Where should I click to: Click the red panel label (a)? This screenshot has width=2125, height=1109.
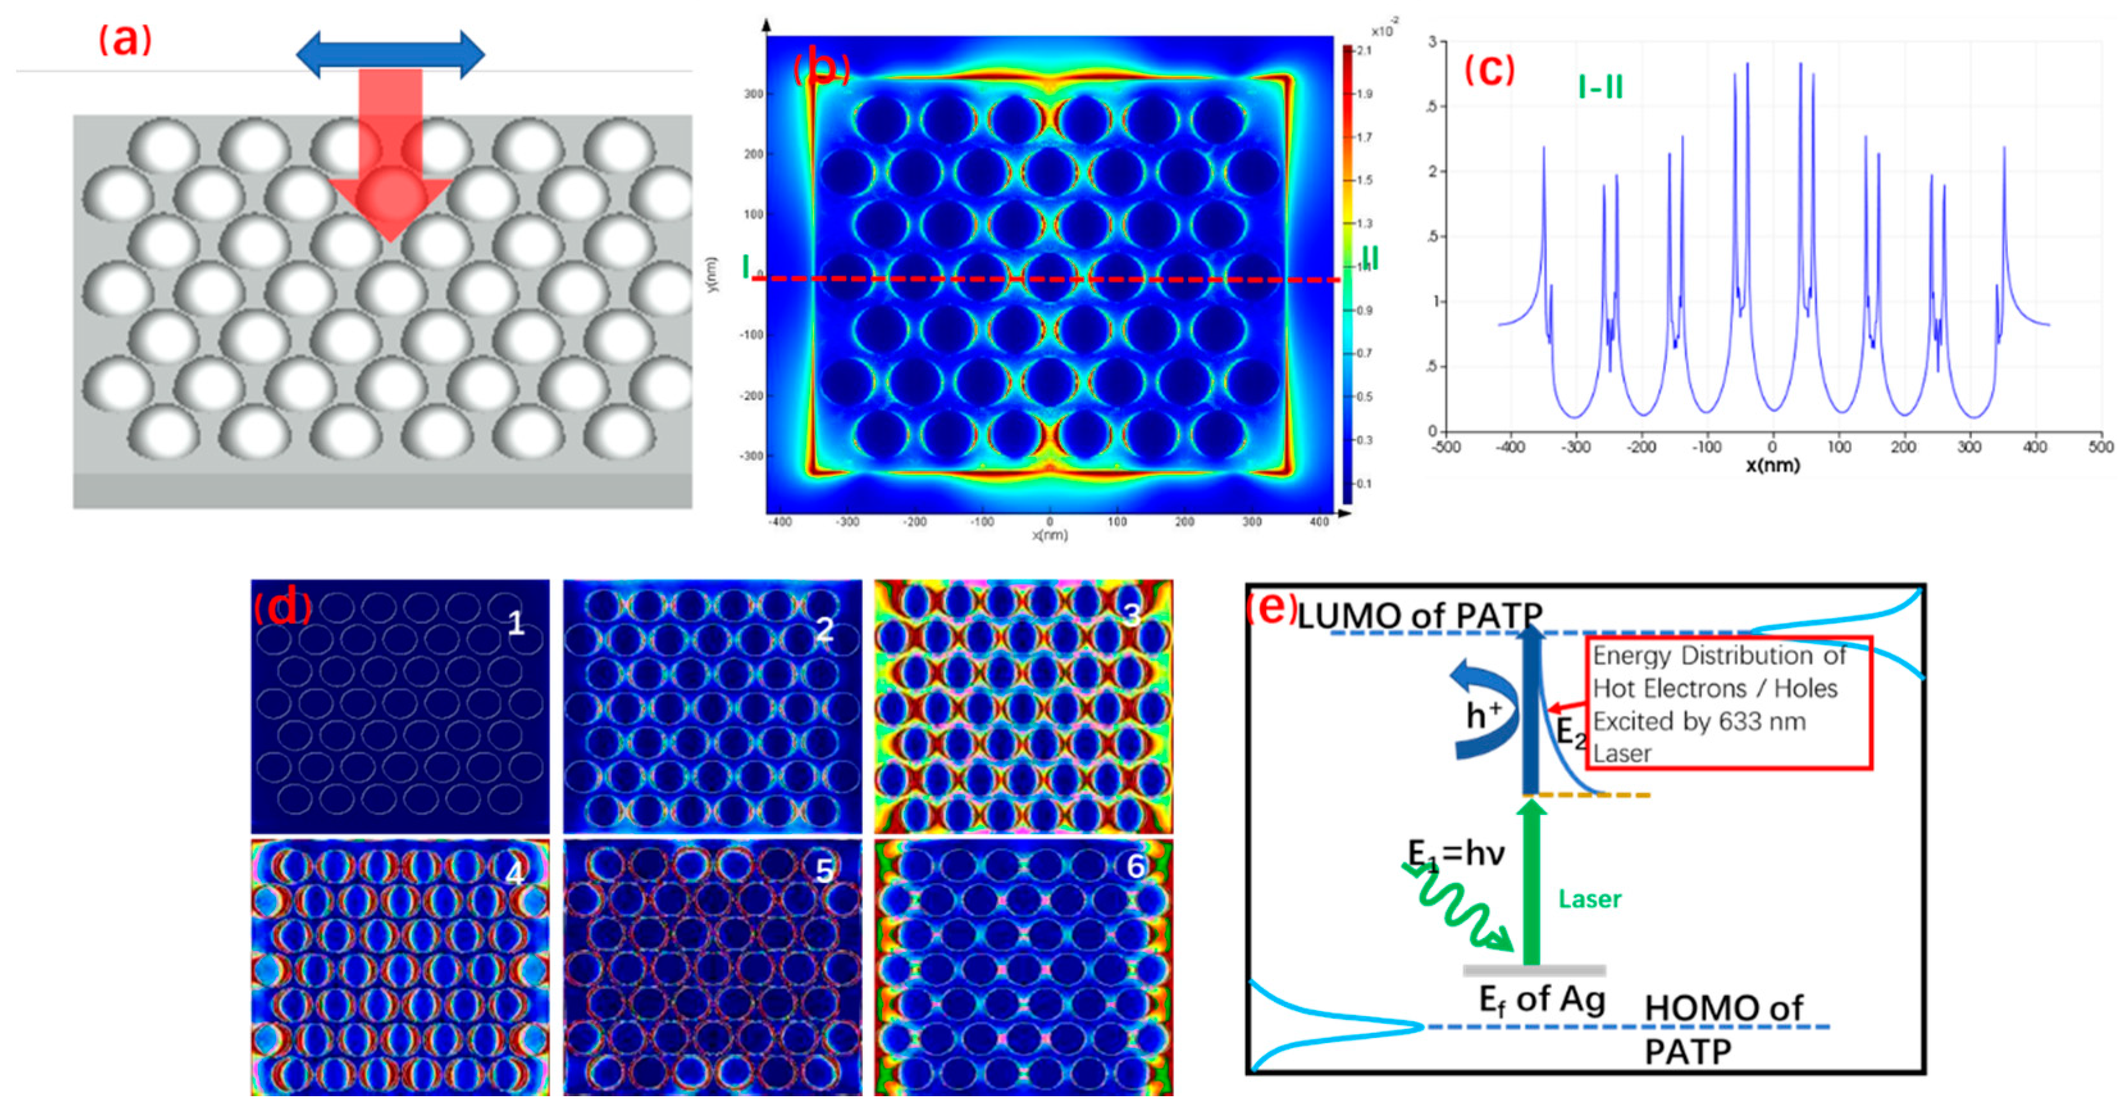tap(126, 40)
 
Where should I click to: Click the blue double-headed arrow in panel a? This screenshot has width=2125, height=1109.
tap(390, 54)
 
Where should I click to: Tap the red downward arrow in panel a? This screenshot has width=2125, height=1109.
tap(390, 157)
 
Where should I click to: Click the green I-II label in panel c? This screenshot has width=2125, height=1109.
tap(1600, 86)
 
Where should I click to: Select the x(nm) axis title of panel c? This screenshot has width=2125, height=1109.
tap(1773, 465)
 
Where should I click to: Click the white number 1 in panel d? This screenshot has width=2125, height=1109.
tap(516, 623)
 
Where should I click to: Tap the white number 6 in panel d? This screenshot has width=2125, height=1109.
tap(1136, 866)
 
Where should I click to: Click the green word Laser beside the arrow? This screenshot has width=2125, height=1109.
tap(1590, 899)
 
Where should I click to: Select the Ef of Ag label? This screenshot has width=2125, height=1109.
tap(1541, 999)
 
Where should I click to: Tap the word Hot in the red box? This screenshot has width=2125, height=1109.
tap(1618, 688)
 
